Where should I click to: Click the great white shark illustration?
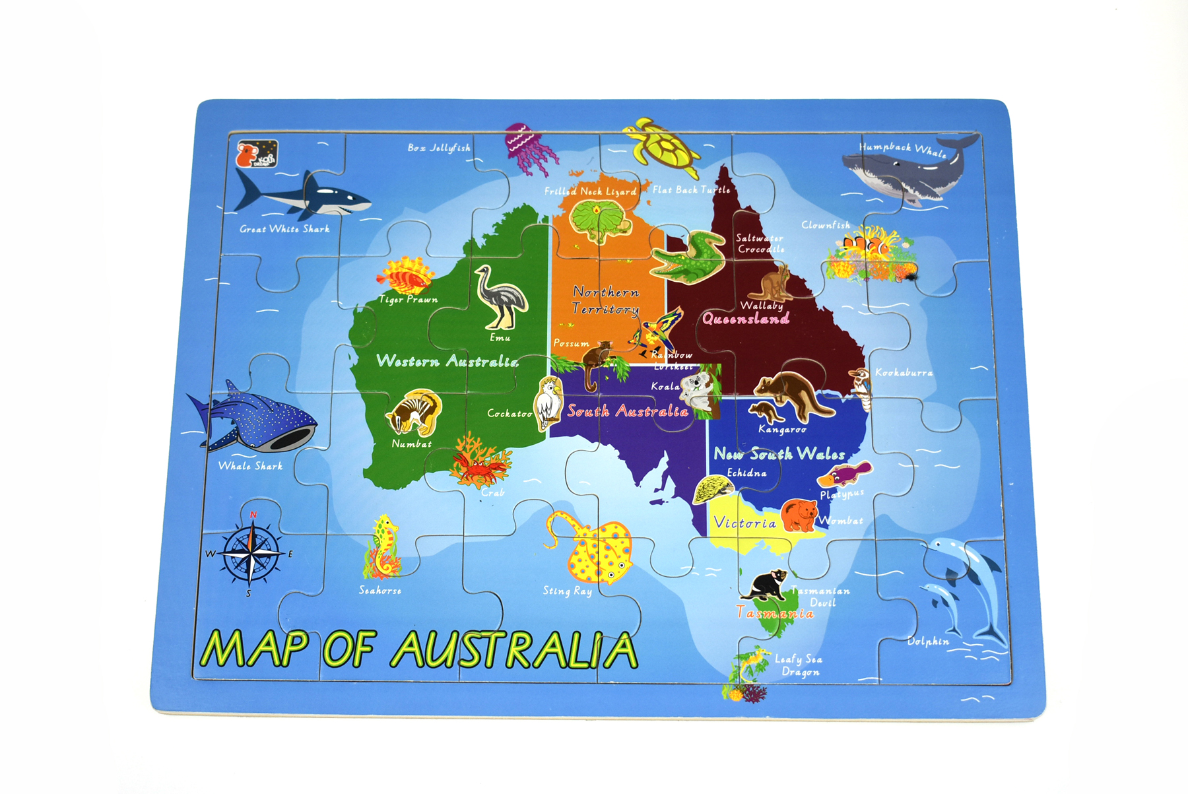click(x=304, y=195)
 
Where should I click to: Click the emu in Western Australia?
click(x=501, y=298)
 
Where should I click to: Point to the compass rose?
click(x=251, y=553)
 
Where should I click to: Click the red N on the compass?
click(x=253, y=515)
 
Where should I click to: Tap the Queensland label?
click(x=746, y=319)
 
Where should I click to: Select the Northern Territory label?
click(x=605, y=300)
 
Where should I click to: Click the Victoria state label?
click(x=745, y=523)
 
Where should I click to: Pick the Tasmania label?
click(x=775, y=613)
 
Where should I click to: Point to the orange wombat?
click(x=799, y=515)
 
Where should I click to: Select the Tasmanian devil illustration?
click(x=766, y=585)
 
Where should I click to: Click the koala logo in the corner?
click(x=256, y=154)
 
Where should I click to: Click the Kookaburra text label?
click(x=904, y=373)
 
